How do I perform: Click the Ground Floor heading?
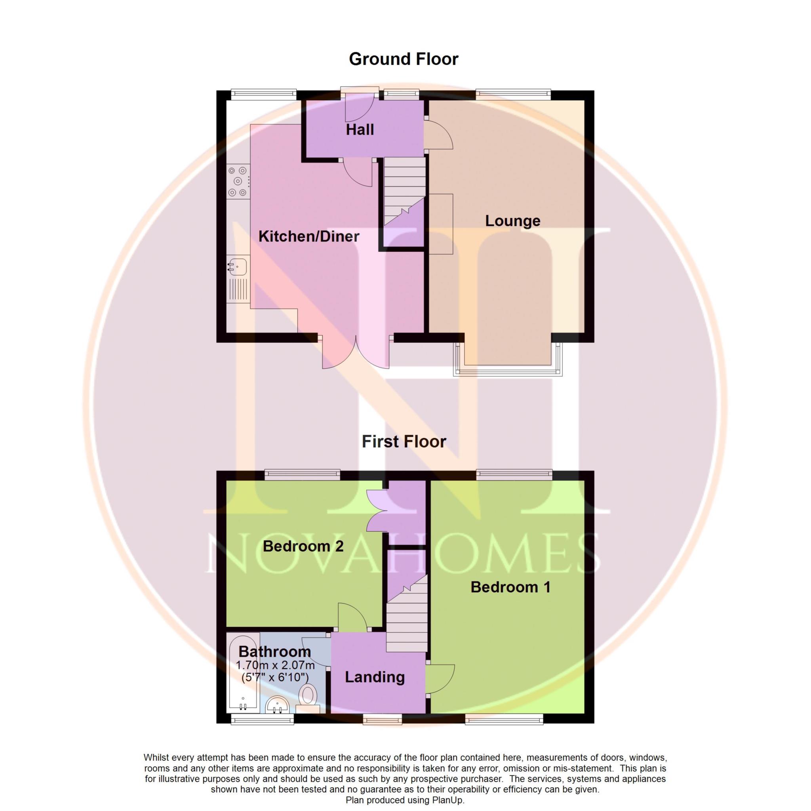[404, 59]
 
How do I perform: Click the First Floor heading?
[404, 442]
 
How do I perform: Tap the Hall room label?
[360, 130]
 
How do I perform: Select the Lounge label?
[512, 221]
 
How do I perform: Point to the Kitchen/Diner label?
[309, 236]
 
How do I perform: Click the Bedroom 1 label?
[510, 587]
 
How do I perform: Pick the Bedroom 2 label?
[303, 546]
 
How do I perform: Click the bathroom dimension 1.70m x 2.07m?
[275, 665]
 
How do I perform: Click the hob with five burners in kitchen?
[238, 181]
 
